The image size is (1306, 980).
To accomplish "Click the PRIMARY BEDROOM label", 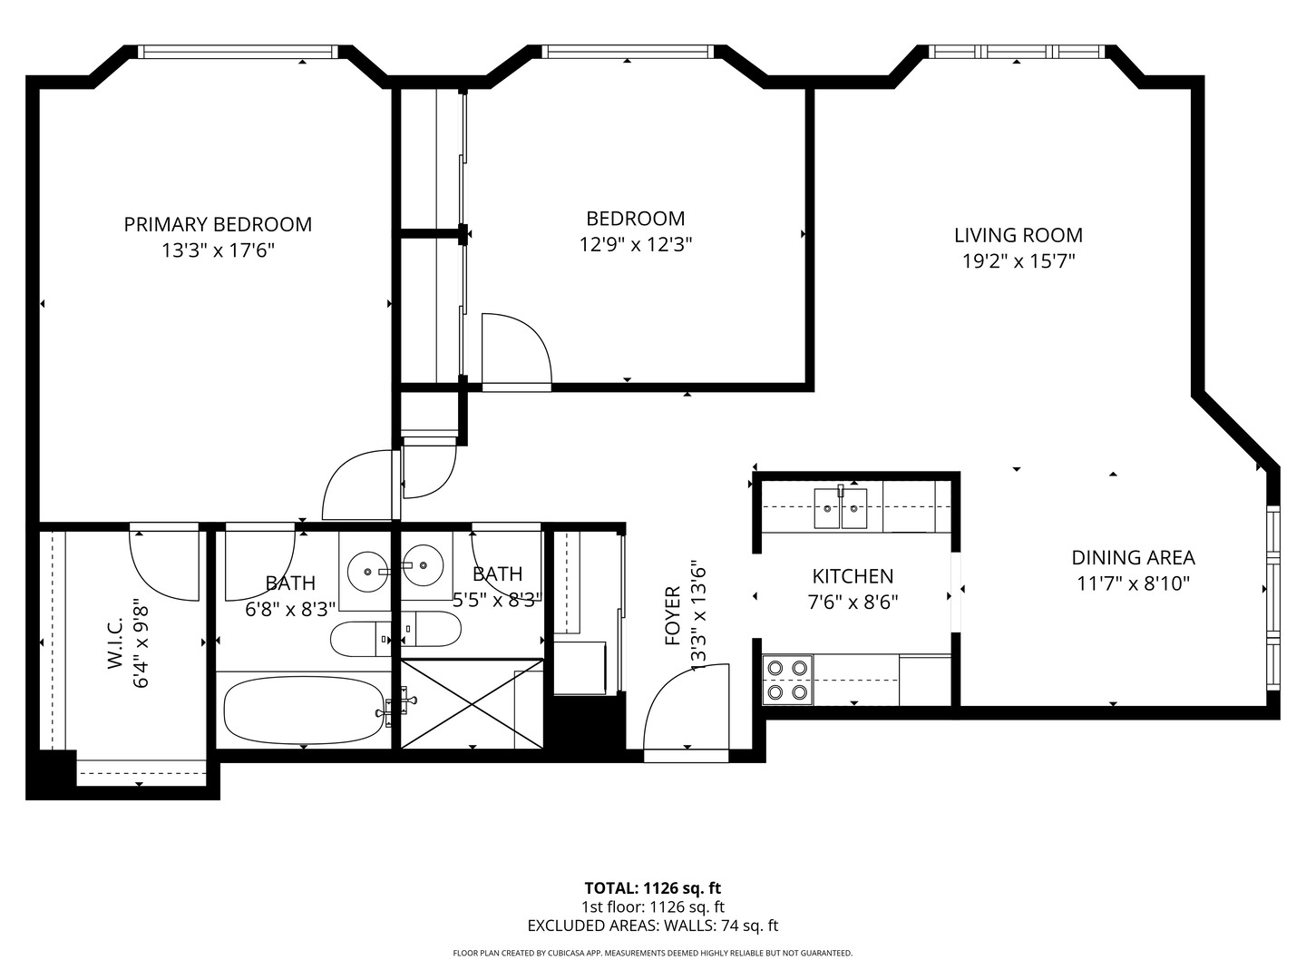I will [218, 224].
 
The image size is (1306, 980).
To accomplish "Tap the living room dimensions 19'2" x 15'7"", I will [1018, 261].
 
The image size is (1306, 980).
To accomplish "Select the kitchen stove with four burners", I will [786, 680].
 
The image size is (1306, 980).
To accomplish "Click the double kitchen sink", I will [841, 508].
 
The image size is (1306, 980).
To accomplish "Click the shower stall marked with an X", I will [471, 704].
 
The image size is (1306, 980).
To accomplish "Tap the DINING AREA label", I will [1133, 558].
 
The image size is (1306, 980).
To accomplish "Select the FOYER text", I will [673, 616].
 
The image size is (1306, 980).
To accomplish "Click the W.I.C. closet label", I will [115, 644].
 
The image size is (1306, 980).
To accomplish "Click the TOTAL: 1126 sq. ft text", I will [652, 888].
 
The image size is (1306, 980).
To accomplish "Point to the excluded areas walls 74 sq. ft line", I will [652, 926].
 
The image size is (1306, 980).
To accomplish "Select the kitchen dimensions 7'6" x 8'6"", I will [853, 602].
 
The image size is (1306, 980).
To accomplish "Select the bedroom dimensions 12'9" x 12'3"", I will [635, 244].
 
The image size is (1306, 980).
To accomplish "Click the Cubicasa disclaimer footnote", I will [652, 954].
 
